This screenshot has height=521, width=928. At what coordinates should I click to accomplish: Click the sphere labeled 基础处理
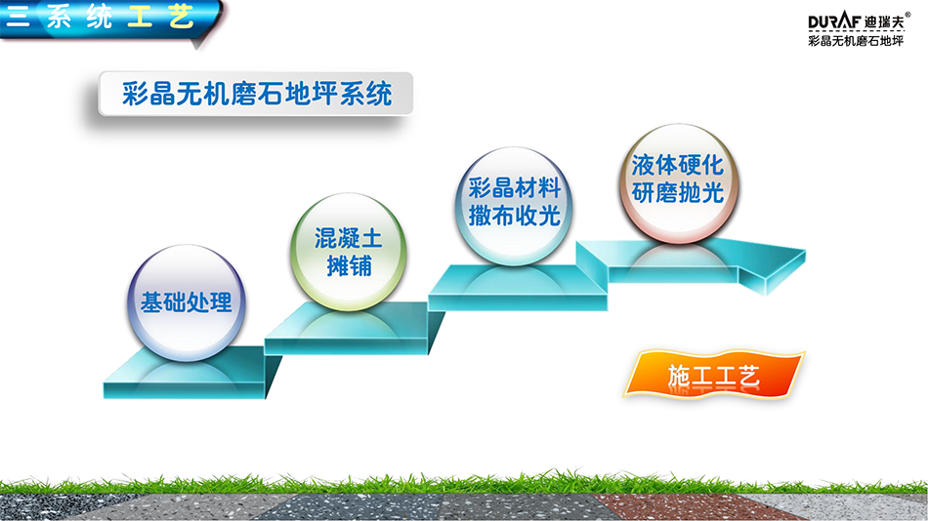(187, 302)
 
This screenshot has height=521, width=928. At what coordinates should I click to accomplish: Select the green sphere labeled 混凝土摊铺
(348, 252)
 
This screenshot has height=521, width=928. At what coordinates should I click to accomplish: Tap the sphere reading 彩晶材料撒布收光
(514, 206)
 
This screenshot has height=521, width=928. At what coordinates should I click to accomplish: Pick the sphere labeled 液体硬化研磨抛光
(678, 183)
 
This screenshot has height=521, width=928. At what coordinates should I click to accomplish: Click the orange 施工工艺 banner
(714, 375)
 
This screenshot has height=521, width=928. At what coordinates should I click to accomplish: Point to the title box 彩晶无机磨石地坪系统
(256, 94)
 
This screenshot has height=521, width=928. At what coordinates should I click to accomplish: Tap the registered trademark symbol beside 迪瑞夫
(907, 15)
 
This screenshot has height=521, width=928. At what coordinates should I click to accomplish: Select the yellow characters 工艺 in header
(160, 16)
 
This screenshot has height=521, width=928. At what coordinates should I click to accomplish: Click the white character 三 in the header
(18, 16)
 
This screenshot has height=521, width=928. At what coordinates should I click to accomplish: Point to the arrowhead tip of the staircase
(806, 252)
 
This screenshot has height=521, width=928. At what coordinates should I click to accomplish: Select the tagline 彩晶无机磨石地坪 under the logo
(856, 41)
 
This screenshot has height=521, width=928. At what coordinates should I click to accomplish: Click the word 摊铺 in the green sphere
(349, 266)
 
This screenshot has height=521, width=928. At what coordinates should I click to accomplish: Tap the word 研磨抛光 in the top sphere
(678, 193)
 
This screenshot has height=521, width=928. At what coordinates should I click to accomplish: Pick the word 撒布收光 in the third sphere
(514, 216)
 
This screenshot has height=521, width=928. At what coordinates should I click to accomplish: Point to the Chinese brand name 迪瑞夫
(884, 22)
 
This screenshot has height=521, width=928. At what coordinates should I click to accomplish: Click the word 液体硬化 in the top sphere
(678, 166)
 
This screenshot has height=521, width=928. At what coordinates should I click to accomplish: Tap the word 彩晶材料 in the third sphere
(514, 188)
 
